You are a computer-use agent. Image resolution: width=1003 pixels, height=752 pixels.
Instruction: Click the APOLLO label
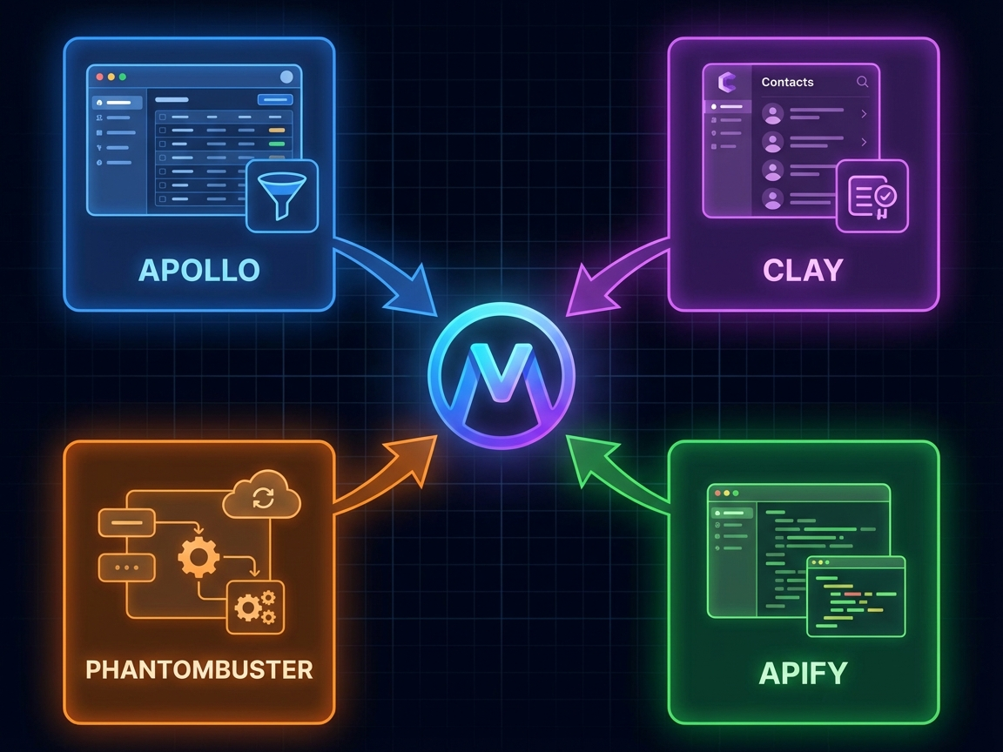pos(199,270)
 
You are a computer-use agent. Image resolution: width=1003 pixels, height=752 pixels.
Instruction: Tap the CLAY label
pos(803,270)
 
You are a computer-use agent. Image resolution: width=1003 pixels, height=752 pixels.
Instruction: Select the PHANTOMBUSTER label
pos(199,669)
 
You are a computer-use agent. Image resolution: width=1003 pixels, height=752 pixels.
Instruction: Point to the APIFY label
pos(803,673)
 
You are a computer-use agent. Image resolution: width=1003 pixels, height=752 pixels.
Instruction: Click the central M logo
pos(501,375)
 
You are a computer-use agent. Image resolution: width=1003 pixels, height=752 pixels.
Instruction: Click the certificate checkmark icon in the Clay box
pos(872,197)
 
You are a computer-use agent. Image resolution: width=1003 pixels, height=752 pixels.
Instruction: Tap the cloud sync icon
pos(261,495)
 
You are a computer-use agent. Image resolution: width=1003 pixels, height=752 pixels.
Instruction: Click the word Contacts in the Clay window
pos(787,82)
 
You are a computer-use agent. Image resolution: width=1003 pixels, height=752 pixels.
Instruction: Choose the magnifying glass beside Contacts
pos(862,82)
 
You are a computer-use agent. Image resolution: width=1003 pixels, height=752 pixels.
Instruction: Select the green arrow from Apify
pos(616,474)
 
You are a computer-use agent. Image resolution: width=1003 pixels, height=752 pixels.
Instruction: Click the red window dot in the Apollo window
pos(100,77)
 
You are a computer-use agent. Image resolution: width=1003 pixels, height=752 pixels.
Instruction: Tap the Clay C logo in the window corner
pos(727,82)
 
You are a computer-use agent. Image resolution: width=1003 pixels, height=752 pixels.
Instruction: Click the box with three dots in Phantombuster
pos(126,567)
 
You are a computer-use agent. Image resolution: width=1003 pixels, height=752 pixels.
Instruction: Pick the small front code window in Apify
pos(856,596)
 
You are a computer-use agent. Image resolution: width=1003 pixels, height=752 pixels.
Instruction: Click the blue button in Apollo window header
pos(275,99)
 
